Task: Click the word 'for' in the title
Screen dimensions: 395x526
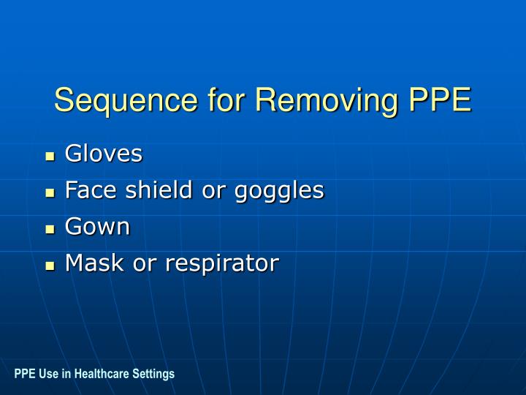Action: coord(223,100)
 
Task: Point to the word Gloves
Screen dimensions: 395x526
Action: coord(104,154)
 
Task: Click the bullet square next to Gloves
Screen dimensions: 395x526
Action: coord(50,157)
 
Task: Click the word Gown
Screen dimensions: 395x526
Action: coord(97,227)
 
